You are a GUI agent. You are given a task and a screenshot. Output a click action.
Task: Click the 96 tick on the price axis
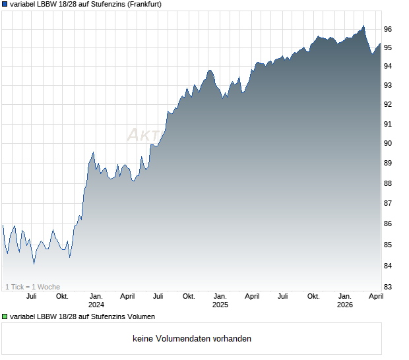(x=388, y=29)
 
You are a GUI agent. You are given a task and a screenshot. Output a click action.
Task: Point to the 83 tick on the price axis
(x=388, y=287)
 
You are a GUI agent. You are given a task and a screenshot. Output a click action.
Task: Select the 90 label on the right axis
(x=388, y=143)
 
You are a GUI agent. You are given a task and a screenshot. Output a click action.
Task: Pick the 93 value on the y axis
(x=388, y=85)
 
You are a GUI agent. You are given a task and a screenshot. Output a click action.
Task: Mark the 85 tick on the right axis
(x=388, y=245)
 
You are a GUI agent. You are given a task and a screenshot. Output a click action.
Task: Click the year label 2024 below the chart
(x=96, y=305)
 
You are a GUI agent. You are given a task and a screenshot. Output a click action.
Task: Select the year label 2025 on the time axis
(x=220, y=305)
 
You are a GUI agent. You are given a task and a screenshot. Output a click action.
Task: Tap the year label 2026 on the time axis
(x=344, y=305)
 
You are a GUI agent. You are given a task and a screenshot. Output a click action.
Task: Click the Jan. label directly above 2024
(x=96, y=296)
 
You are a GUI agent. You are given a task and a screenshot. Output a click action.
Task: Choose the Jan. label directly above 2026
(x=344, y=296)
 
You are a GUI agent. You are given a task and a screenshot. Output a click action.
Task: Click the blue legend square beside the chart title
(x=5, y=4)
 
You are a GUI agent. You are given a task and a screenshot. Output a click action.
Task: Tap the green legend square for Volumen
(x=5, y=317)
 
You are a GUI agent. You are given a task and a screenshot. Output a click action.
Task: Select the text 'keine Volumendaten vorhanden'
(x=191, y=339)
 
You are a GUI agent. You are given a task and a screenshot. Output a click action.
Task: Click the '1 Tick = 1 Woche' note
(x=32, y=287)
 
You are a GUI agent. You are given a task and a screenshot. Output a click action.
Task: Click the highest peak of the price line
(x=363, y=26)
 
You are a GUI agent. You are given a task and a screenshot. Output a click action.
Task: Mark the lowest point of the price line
(x=34, y=264)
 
